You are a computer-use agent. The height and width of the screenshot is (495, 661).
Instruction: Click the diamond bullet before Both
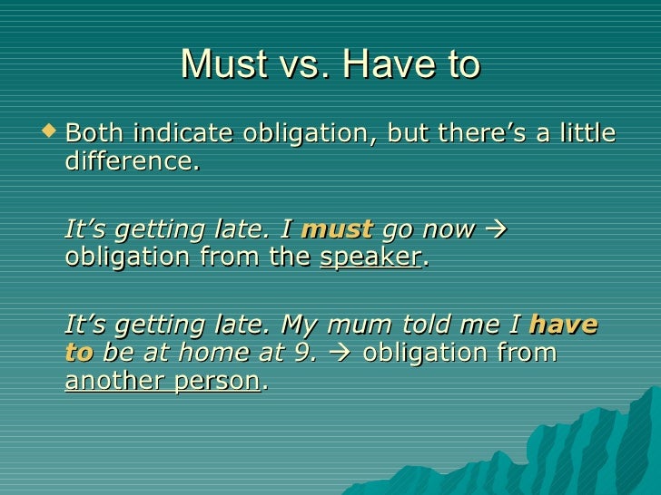50,134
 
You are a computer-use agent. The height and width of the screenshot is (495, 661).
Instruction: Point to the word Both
94,134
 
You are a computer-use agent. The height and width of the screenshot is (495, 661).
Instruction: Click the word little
581,134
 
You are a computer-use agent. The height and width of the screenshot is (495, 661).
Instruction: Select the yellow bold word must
337,229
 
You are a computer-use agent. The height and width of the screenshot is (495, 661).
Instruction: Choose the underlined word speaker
370,257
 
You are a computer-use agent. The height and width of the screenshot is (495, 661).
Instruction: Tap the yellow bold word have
563,325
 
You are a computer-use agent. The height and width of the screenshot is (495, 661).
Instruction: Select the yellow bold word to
79,353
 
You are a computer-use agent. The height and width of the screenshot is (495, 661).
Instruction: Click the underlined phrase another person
163,381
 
